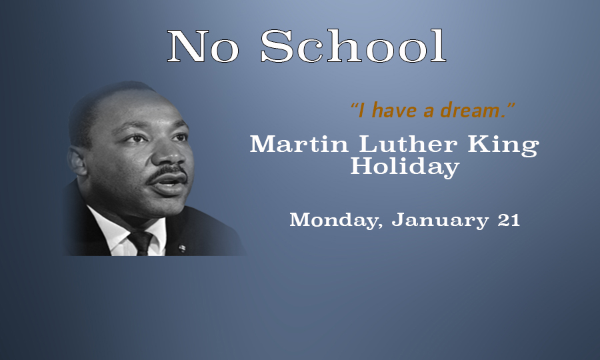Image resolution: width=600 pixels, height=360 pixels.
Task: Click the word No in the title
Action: coord(203,46)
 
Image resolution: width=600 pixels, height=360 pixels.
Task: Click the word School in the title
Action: coord(353,45)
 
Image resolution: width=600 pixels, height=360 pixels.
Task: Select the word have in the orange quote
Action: coord(394,110)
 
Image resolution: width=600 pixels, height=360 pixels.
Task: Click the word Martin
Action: coord(299,144)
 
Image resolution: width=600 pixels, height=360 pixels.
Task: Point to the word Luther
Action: coord(408,144)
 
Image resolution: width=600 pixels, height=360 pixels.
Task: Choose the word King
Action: coord(503,146)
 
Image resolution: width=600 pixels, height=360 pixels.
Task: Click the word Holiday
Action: coord(405,167)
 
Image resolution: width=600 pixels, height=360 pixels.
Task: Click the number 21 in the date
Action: coord(509,220)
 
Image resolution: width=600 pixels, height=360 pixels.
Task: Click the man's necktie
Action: coord(141,243)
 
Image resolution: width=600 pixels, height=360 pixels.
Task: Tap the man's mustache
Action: coord(166,173)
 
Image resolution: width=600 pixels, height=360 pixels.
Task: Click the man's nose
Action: coord(173,153)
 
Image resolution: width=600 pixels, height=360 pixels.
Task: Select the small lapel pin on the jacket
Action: coord(182,248)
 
